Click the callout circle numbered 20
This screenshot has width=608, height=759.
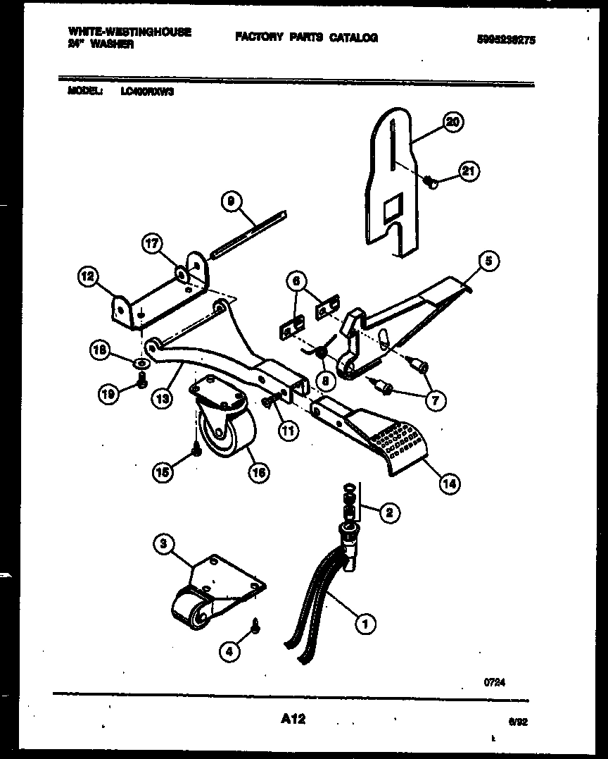(x=452, y=123)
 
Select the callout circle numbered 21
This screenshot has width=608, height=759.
(x=467, y=171)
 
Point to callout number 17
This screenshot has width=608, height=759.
(x=153, y=244)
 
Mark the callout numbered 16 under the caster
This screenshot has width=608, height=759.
(x=258, y=473)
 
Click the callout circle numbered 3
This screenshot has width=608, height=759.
(x=163, y=544)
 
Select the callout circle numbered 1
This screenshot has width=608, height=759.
(x=365, y=622)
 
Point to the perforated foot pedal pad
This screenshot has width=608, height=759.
(x=398, y=444)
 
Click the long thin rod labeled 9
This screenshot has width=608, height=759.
(x=246, y=233)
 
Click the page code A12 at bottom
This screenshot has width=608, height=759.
(x=292, y=719)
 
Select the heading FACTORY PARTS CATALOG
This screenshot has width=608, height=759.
(x=306, y=37)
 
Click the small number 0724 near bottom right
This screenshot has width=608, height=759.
(x=495, y=682)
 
